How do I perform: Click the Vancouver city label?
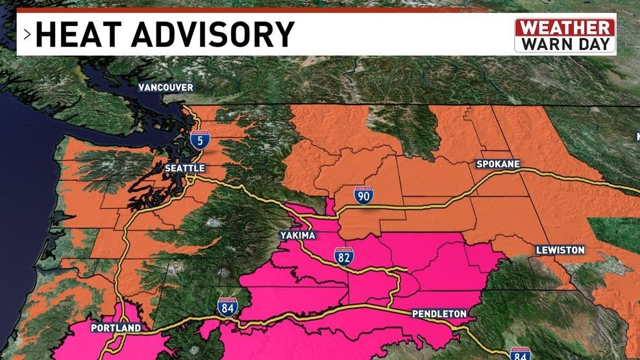pyautogui.click(x=165, y=88)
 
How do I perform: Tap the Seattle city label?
pyautogui.click(x=184, y=168)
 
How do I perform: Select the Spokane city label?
pyautogui.click(x=498, y=164)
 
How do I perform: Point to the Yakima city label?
pyautogui.click(x=298, y=235)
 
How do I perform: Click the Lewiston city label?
pyautogui.click(x=560, y=250)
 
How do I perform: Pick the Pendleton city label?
pyautogui.click(x=439, y=314)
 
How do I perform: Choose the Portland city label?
pyautogui.click(x=116, y=328)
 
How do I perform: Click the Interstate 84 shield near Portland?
pyautogui.click(x=227, y=307)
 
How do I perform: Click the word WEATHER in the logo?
pyautogui.click(x=565, y=28)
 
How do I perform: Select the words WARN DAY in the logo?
pyautogui.click(x=565, y=44)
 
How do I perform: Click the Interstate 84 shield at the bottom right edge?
pyautogui.click(x=519, y=354)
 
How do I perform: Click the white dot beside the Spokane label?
pyautogui.click(x=523, y=170)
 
